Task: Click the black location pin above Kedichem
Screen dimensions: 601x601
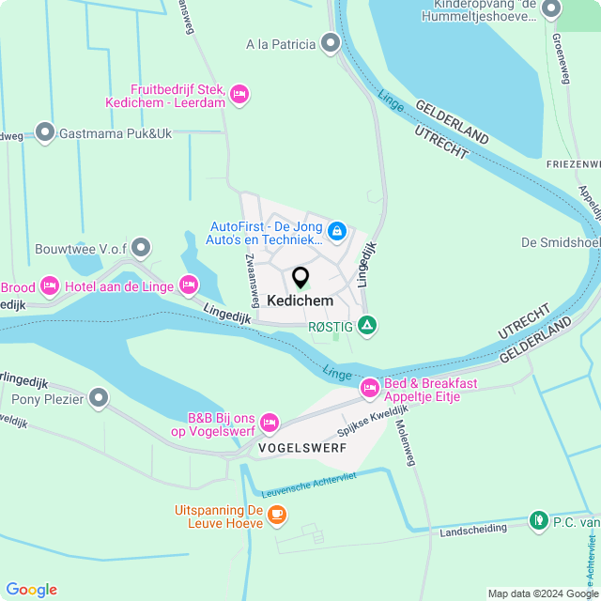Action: pyautogui.click(x=300, y=277)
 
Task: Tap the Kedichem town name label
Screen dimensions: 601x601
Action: pyautogui.click(x=300, y=300)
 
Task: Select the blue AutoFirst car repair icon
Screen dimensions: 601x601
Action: pyautogui.click(x=337, y=229)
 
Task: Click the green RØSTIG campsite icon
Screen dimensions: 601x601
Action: pyautogui.click(x=368, y=326)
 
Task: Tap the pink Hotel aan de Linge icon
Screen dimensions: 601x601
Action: pyautogui.click(x=189, y=284)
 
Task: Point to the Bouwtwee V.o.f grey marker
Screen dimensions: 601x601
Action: pyautogui.click(x=141, y=247)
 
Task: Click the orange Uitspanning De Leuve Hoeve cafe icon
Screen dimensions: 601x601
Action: pyautogui.click(x=276, y=514)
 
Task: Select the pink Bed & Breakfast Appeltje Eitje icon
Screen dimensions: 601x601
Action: pyautogui.click(x=370, y=388)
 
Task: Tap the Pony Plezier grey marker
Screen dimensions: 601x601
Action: pyautogui.click(x=99, y=399)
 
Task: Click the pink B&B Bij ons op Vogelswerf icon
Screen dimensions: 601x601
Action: pyautogui.click(x=270, y=422)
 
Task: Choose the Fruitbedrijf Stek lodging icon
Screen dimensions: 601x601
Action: pyautogui.click(x=239, y=93)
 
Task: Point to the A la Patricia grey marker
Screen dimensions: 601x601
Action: pyautogui.click(x=330, y=43)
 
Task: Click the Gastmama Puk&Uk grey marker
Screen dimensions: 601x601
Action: pyautogui.click(x=44, y=133)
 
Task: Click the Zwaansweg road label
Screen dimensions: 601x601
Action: pyautogui.click(x=252, y=279)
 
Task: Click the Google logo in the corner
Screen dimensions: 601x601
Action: pyautogui.click(x=31, y=589)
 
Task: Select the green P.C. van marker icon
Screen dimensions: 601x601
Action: pyautogui.click(x=538, y=520)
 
